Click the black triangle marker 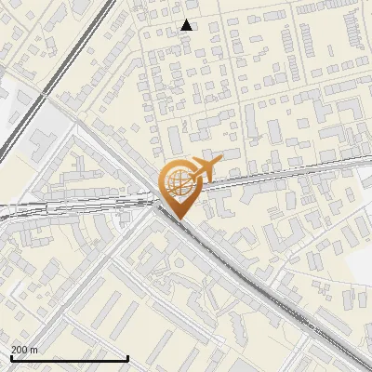(187, 25)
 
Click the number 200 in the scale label (20, 350)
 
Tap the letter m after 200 (34, 350)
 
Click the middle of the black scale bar (70, 358)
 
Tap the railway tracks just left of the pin (112, 200)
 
